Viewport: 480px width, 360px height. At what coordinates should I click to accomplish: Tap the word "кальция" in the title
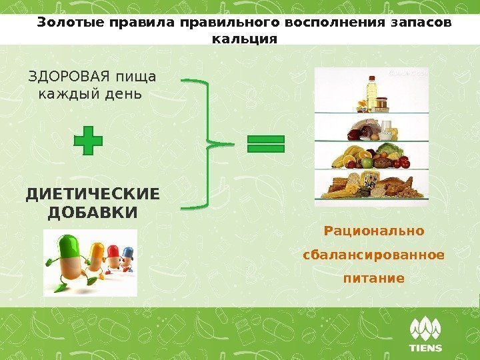pos(243,39)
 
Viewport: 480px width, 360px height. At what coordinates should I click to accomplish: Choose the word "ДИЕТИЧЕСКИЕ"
pos(93,195)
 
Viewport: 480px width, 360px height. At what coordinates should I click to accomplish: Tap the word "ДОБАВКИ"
pos(93,212)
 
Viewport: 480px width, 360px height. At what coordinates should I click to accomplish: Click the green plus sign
pos(88,143)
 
